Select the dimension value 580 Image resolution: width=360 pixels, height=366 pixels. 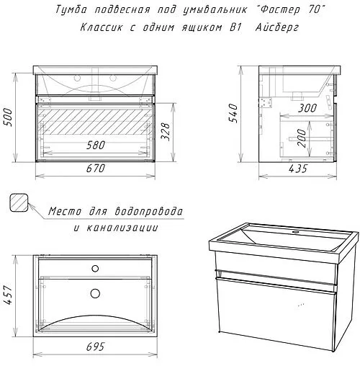pos(96,145)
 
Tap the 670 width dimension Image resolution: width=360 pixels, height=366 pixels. pos(96,169)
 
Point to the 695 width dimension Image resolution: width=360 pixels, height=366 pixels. pos(96,348)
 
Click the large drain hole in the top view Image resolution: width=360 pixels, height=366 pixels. pos(96,293)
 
